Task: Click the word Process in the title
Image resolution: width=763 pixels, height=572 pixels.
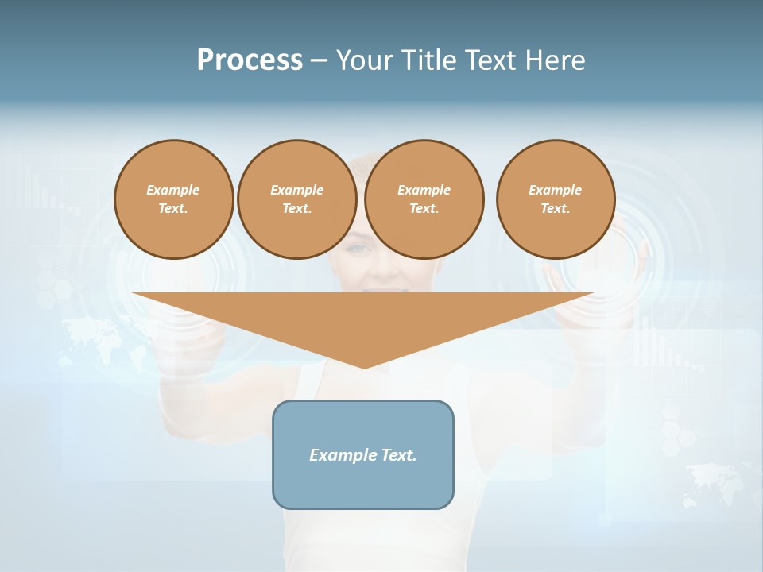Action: point(250,60)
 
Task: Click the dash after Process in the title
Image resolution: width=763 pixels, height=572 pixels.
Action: point(319,62)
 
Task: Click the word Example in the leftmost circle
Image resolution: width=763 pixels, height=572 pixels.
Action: point(173,190)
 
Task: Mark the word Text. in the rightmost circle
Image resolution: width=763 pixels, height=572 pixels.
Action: point(556,208)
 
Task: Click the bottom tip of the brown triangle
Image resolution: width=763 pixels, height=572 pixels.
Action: point(365,366)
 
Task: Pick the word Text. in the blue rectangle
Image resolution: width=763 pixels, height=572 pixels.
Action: point(399,455)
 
